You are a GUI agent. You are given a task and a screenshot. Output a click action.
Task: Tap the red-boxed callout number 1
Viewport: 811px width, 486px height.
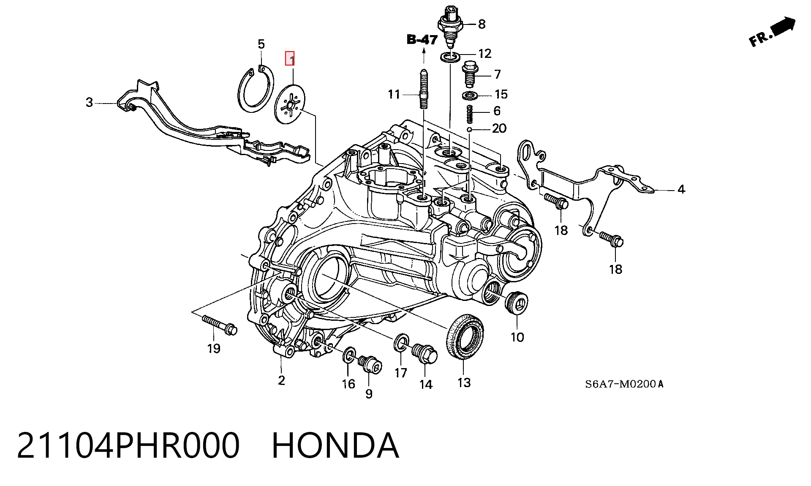pos(290,59)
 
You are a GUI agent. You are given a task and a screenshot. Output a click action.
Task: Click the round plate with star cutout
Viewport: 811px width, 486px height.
pos(289,104)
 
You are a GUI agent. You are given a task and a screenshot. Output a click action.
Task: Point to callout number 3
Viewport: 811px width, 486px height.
pos(89,102)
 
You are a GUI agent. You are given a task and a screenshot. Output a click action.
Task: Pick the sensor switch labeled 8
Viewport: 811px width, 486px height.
pos(451,26)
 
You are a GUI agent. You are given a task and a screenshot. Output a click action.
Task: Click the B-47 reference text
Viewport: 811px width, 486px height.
pos(422,39)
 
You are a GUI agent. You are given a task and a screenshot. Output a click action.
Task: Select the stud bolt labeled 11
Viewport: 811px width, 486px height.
pos(424,90)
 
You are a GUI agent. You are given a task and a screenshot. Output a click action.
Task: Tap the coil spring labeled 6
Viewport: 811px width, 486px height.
pos(469,114)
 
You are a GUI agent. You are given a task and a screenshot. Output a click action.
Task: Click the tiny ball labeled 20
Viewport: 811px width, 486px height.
pos(469,129)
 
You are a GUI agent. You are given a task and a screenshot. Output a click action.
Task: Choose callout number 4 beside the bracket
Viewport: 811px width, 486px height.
pos(681,189)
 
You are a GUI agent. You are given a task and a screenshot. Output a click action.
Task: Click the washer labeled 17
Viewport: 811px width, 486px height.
pos(401,342)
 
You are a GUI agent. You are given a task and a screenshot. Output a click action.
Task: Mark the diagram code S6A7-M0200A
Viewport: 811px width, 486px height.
pos(624,384)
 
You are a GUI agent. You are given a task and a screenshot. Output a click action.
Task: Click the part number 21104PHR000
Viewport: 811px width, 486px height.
pos(128,445)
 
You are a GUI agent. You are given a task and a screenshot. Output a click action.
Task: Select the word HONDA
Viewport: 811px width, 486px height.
pos(335,445)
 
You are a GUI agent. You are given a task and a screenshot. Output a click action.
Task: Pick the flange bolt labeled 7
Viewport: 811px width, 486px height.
pos(469,74)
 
